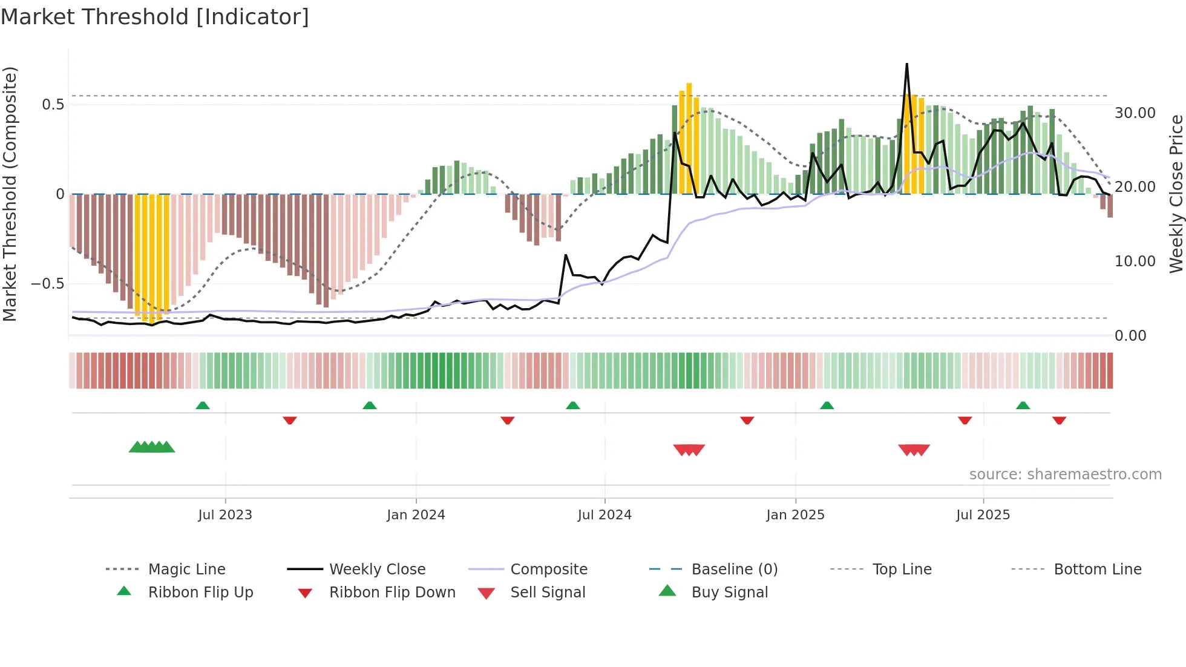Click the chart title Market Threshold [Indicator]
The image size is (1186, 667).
[x=155, y=17]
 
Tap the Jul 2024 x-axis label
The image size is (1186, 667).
[x=604, y=514]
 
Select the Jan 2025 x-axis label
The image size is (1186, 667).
[x=795, y=514]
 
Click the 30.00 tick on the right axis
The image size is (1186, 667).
[x=1135, y=113]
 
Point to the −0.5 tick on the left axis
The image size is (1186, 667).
[x=48, y=283]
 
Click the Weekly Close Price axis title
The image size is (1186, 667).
[x=1176, y=194]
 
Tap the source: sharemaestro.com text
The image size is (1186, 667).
[x=1065, y=474]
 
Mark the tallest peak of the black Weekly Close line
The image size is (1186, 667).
[x=906, y=64]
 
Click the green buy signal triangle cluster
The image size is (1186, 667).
[x=152, y=447]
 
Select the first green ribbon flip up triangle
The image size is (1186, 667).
[x=203, y=405]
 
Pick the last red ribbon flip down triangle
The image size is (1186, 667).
[x=1059, y=420]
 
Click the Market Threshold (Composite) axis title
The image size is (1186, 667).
[x=10, y=194]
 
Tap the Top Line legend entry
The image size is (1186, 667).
[x=902, y=569]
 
